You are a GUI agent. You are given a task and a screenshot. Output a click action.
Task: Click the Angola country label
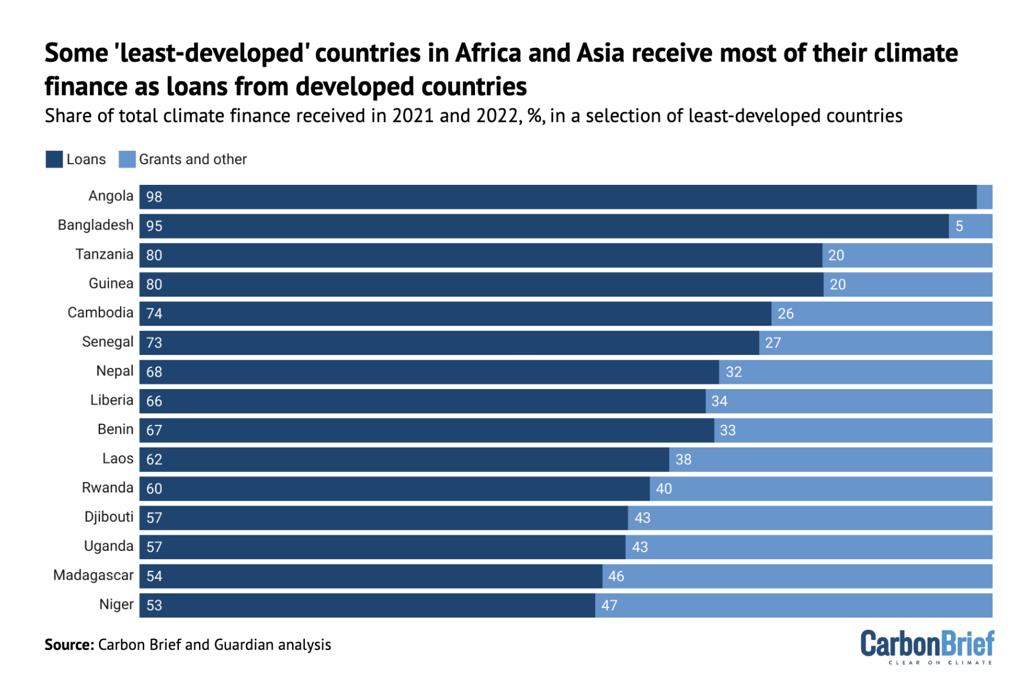click(111, 196)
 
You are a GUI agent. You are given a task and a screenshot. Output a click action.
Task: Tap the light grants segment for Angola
click(984, 197)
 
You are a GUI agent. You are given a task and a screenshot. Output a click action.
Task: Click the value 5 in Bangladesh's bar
click(959, 226)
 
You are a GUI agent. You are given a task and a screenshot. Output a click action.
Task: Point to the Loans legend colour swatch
click(54, 160)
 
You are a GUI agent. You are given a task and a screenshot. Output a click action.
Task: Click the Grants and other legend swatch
click(127, 160)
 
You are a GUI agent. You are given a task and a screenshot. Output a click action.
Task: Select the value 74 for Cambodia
click(154, 314)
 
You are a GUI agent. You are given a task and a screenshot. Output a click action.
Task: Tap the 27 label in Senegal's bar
click(773, 343)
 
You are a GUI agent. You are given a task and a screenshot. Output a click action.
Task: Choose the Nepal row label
click(115, 371)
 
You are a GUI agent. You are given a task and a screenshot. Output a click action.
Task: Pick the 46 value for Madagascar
click(616, 576)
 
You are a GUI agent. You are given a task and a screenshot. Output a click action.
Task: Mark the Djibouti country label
click(109, 517)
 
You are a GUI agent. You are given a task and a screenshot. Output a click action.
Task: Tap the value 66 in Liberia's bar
click(154, 401)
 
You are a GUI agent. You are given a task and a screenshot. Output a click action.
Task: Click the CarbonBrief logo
click(927, 646)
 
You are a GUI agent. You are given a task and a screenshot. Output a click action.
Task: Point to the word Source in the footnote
click(69, 645)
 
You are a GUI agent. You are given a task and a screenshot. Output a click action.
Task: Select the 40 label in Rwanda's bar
click(663, 489)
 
